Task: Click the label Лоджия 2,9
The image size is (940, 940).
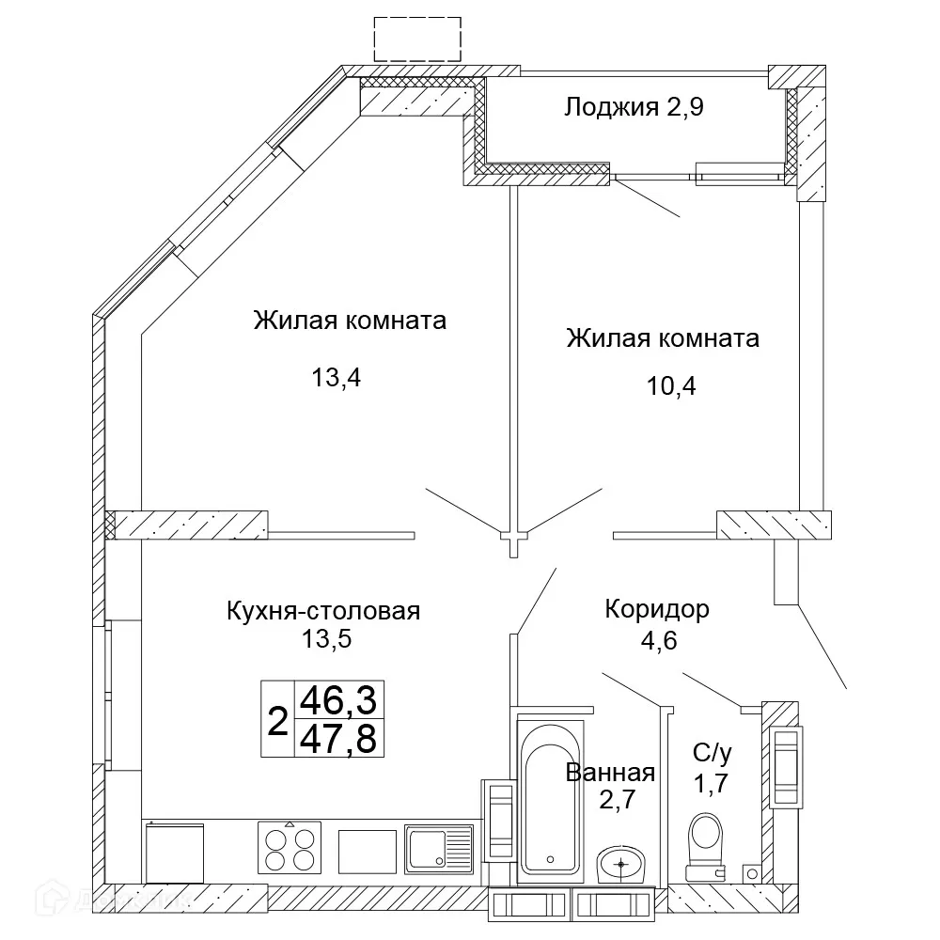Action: click(634, 106)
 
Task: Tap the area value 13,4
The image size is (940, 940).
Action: click(337, 378)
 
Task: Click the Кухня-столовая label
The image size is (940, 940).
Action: click(322, 611)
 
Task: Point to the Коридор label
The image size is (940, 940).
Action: click(656, 609)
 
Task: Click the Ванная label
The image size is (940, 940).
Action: click(610, 773)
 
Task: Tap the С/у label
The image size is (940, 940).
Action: click(711, 752)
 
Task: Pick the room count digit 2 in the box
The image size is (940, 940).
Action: click(277, 721)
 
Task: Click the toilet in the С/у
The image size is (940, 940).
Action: click(707, 844)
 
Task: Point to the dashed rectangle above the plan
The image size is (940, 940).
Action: click(417, 39)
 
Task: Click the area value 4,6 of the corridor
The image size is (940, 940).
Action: click(655, 642)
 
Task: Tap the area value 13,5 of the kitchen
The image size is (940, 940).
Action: click(322, 640)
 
